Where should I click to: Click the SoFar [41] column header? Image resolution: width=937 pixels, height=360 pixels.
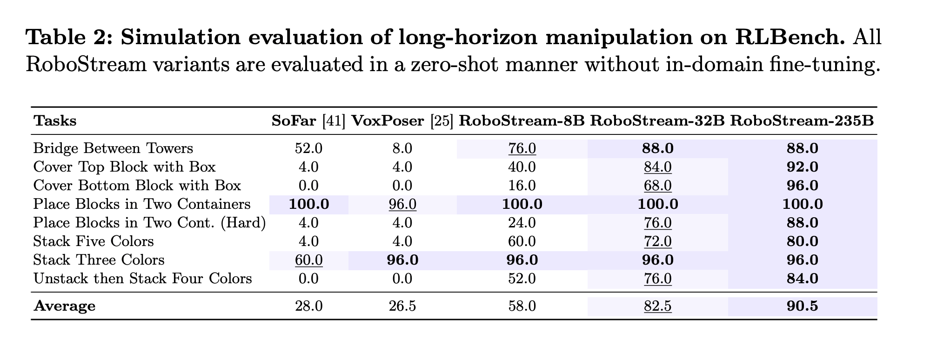click(x=308, y=121)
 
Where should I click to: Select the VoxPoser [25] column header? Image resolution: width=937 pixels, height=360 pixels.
click(x=402, y=121)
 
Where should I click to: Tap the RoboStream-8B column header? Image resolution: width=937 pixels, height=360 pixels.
click(x=522, y=121)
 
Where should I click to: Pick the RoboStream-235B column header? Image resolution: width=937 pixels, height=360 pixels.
click(x=802, y=121)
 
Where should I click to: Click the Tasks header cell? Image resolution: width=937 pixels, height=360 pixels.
click(x=55, y=121)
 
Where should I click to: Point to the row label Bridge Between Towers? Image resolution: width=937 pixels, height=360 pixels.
click(x=113, y=148)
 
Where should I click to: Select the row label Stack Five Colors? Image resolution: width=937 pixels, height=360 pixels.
click(x=94, y=241)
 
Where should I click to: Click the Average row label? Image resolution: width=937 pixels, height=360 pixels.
click(x=65, y=306)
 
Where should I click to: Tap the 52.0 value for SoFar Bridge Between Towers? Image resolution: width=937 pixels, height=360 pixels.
click(x=308, y=148)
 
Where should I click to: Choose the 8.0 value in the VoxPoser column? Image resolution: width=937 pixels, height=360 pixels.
click(x=402, y=148)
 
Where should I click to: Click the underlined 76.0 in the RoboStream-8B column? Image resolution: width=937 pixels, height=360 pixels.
click(x=522, y=148)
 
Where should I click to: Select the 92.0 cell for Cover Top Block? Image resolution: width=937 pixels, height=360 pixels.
click(x=802, y=167)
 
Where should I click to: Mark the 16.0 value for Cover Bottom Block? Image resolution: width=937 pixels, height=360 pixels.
click(x=522, y=186)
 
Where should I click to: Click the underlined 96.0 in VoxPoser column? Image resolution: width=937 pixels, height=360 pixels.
click(x=402, y=204)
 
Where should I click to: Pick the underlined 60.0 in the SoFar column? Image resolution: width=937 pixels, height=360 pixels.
click(x=308, y=260)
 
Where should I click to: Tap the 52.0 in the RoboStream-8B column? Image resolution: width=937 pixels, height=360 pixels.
click(x=522, y=279)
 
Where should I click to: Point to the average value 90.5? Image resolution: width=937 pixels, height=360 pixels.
click(x=802, y=306)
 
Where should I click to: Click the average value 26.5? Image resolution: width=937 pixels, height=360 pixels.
click(x=402, y=306)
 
